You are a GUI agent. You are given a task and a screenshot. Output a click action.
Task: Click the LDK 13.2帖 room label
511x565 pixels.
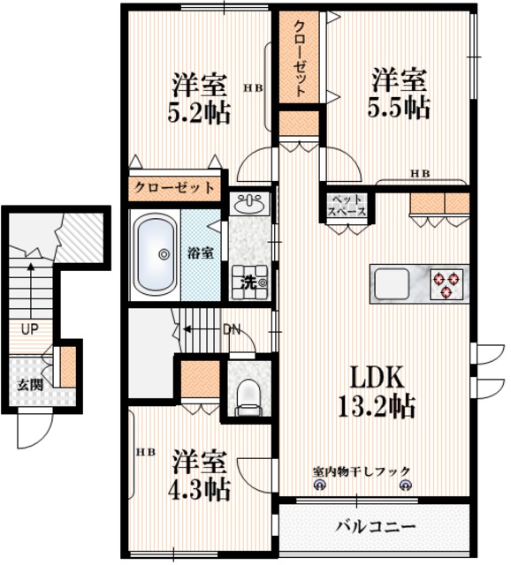tap(378, 393)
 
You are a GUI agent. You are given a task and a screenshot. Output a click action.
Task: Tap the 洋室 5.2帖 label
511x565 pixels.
tap(200, 99)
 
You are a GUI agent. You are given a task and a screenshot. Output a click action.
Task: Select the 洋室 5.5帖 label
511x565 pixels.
tap(399, 93)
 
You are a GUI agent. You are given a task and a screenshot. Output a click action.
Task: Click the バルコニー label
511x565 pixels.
tap(375, 527)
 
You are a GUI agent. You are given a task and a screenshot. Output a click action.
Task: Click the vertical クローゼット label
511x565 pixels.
tap(300, 56)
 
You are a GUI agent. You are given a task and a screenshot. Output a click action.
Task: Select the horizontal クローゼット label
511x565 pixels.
tap(174, 187)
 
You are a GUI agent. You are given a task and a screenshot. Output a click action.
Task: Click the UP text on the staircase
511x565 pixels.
tap(29, 329)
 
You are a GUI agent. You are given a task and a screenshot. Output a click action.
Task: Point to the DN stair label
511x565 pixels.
tap(232, 329)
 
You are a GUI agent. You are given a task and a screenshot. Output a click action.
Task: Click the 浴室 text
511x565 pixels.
tap(200, 252)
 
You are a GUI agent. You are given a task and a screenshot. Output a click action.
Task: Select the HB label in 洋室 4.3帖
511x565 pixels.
tap(145, 452)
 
